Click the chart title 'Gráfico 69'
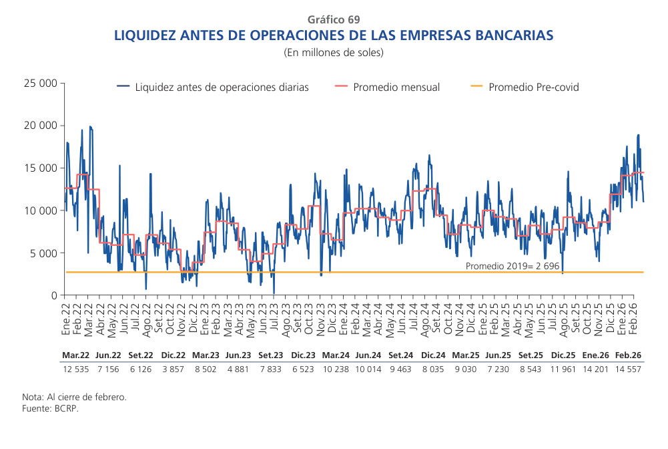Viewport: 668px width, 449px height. (334, 19)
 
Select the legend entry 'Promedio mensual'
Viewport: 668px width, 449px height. (396, 87)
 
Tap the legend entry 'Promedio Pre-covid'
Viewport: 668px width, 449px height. (533, 87)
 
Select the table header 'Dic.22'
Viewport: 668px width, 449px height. (173, 355)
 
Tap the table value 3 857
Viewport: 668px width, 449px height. (173, 369)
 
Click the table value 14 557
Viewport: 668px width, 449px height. (627, 369)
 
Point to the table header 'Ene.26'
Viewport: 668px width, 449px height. (595, 355)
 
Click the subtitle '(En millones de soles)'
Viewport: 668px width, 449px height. (334, 52)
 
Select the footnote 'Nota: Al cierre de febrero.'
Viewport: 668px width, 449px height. (74, 397)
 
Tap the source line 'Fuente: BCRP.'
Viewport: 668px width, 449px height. (50, 408)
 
